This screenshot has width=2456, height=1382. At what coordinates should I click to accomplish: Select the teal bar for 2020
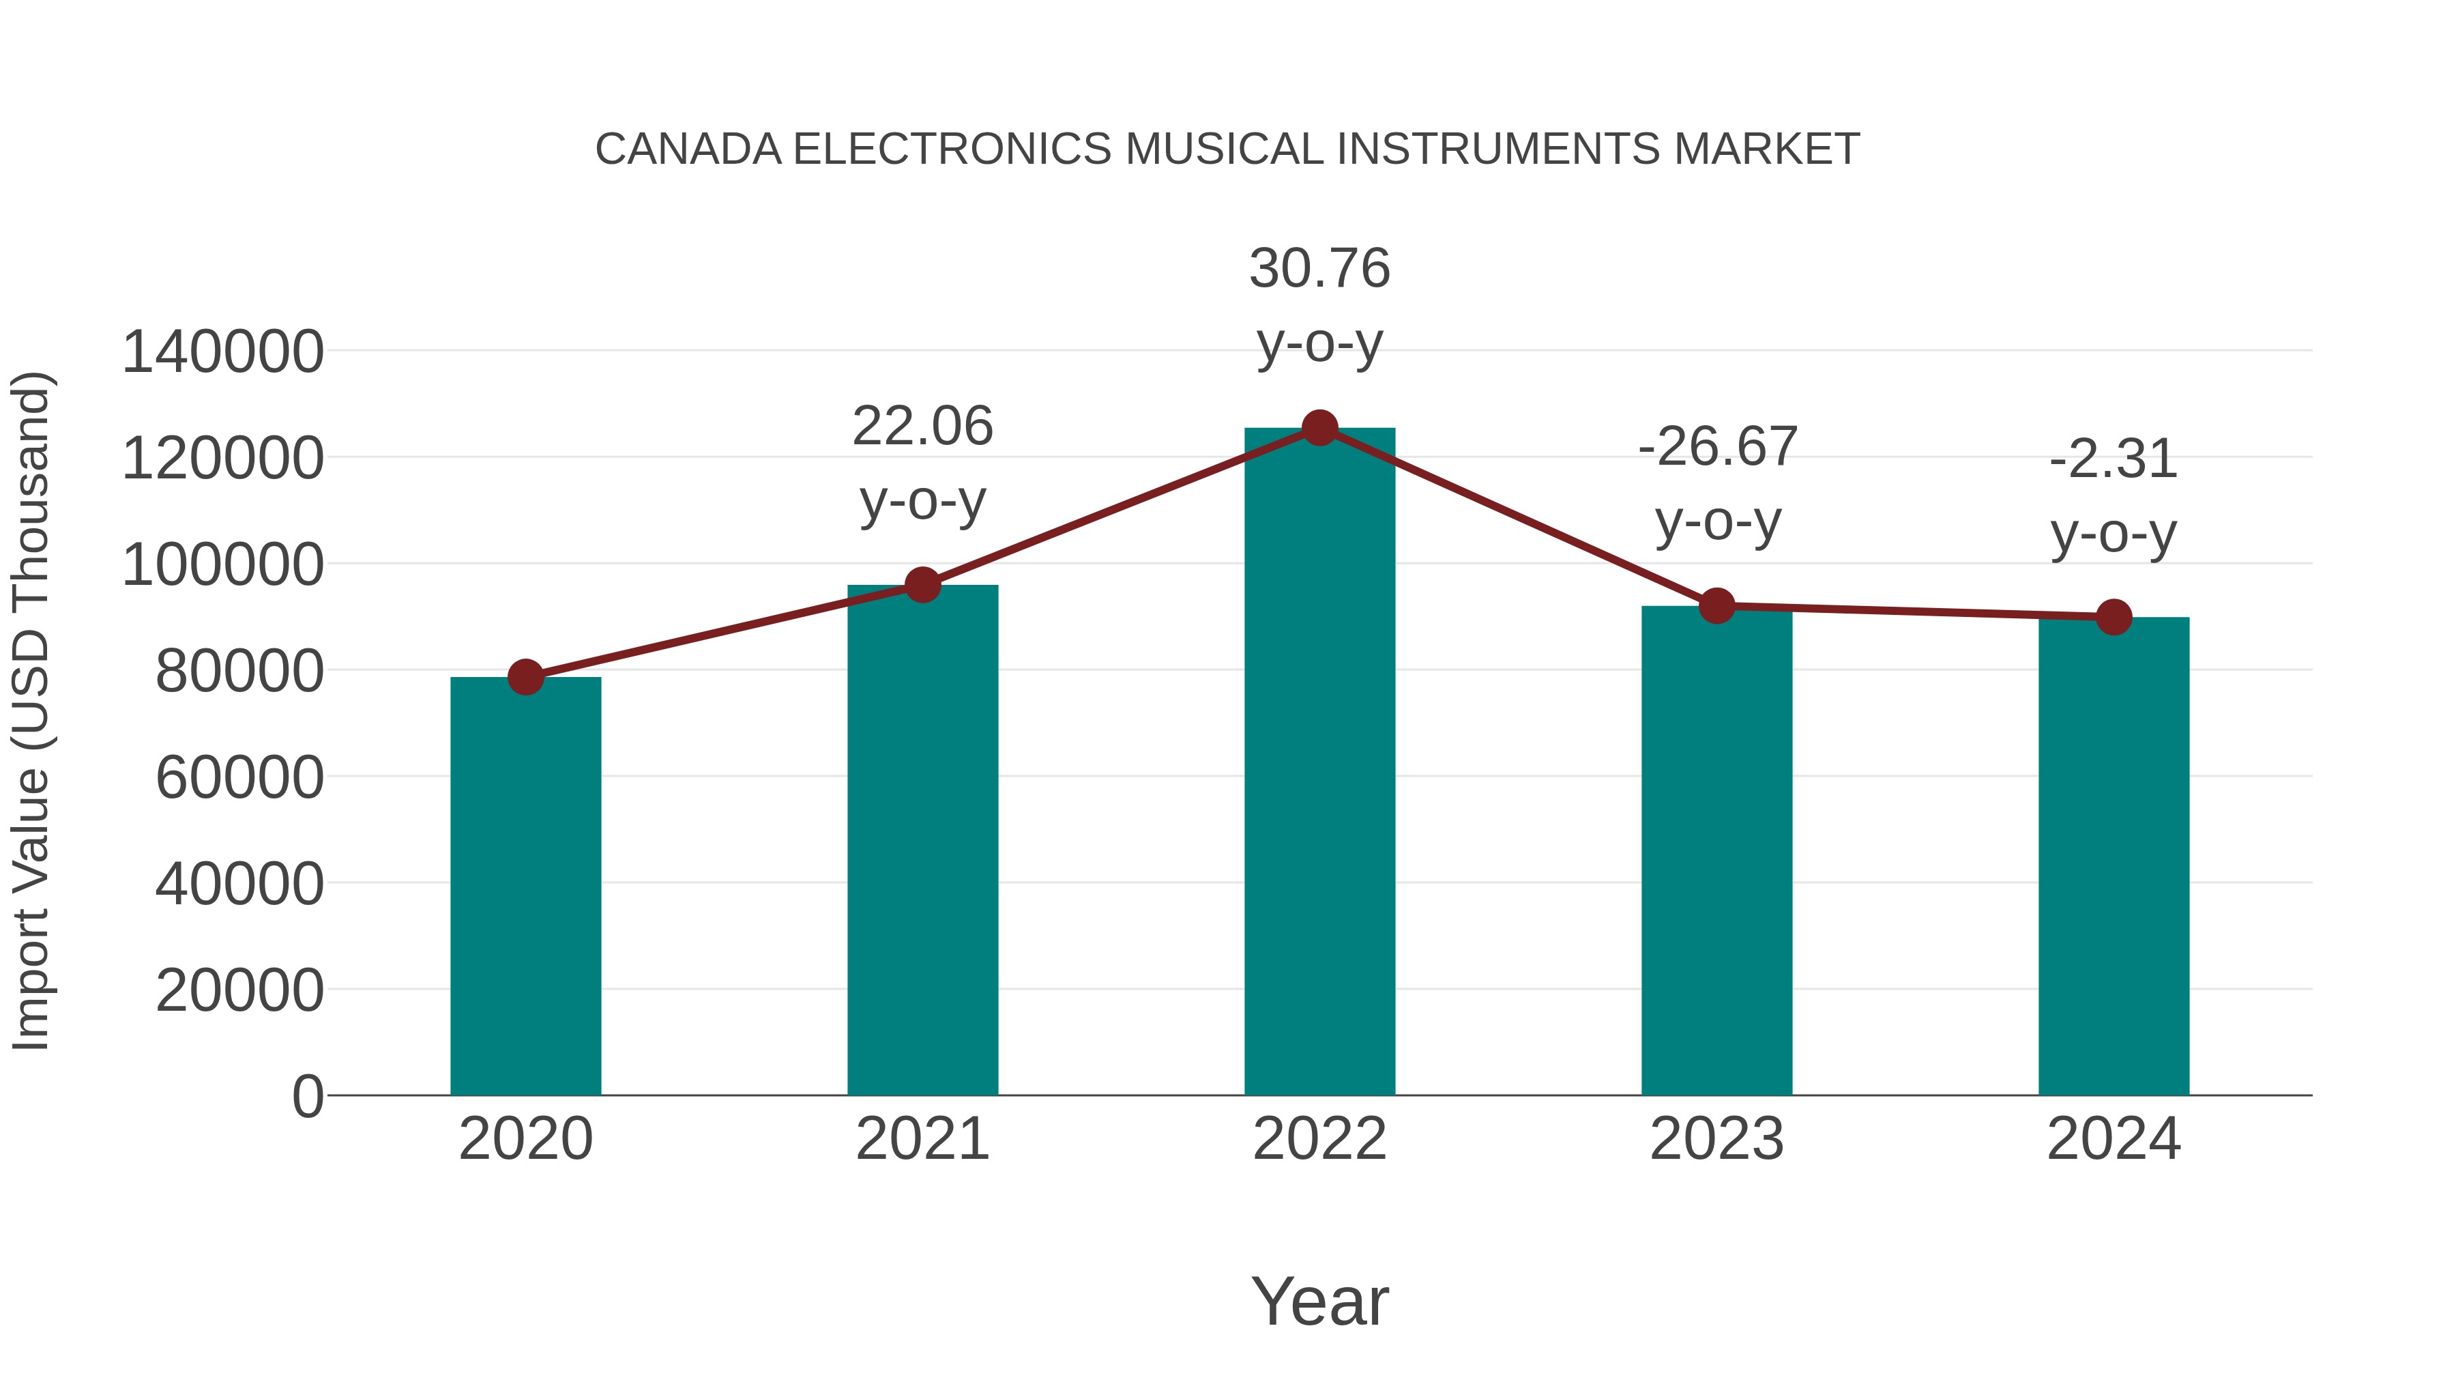[525, 887]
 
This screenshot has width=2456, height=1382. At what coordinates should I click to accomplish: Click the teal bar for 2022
[1319, 763]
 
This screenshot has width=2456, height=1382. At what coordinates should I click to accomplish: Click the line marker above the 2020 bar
[525, 677]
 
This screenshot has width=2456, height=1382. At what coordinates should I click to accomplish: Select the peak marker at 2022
[1319, 428]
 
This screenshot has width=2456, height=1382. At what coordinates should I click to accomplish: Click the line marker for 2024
[2114, 617]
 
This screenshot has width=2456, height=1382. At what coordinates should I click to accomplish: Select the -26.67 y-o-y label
[1717, 485]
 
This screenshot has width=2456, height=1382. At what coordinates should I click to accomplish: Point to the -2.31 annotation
[2114, 496]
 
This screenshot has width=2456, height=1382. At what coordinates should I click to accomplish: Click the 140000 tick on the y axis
[223, 352]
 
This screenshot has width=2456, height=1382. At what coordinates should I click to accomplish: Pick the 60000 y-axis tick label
[239, 777]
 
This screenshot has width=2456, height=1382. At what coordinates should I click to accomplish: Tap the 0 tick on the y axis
[308, 1097]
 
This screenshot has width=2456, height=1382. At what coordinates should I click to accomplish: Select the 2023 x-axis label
[1716, 1139]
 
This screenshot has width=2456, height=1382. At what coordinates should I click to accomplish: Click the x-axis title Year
[1319, 1301]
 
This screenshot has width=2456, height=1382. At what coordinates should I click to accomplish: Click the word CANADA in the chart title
[688, 149]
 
